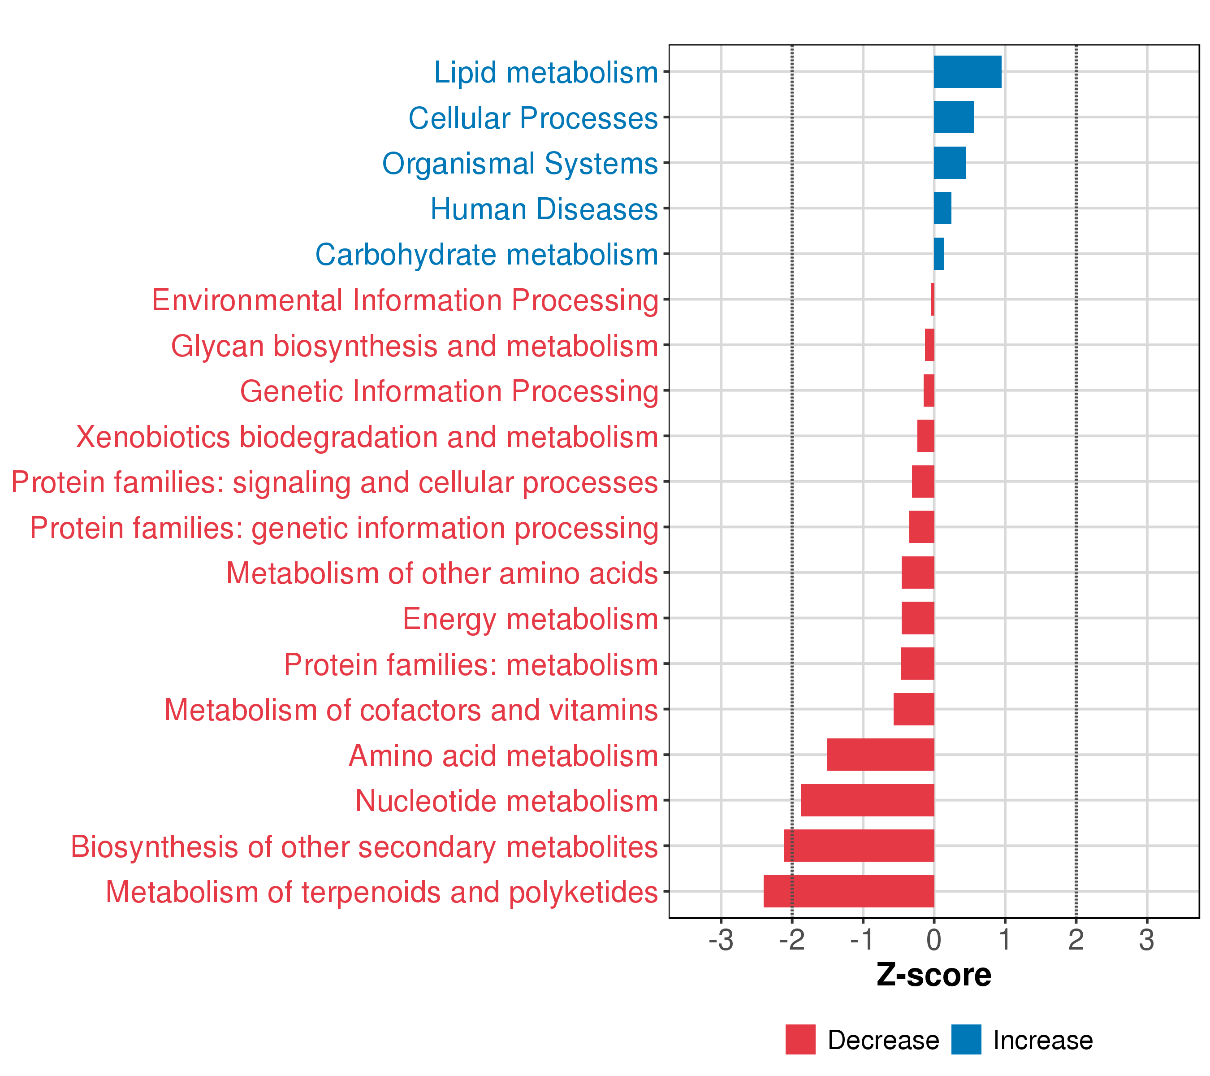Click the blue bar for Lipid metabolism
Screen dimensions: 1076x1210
coord(967,72)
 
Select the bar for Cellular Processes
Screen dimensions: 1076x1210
coord(954,117)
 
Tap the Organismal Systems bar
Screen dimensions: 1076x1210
coord(950,163)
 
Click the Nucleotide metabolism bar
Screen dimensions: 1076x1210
coord(867,800)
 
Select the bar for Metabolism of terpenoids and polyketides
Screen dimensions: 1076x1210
coord(848,891)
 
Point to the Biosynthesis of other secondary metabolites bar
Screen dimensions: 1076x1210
coord(859,846)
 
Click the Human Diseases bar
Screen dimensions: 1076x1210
coord(942,208)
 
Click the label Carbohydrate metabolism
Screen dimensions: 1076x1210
coord(487,255)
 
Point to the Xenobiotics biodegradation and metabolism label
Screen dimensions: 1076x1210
coord(367,437)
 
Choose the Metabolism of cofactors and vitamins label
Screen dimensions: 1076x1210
coord(411,710)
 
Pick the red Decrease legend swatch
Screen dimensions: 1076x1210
coord(800,1040)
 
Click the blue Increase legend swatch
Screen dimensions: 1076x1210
coord(966,1040)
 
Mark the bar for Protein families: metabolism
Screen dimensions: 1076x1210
coord(917,664)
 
